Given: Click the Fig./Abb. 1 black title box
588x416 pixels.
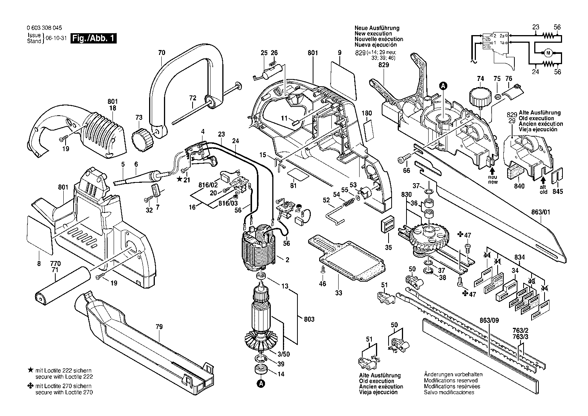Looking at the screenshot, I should (x=94, y=39).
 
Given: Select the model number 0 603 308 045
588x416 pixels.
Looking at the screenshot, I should (x=45, y=28).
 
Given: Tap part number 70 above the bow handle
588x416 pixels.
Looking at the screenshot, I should (x=161, y=52).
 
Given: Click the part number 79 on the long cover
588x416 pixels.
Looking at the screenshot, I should (x=159, y=327).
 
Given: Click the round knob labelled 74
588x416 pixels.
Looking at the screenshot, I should (x=479, y=98).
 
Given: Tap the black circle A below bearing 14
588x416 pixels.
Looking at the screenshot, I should (x=261, y=383).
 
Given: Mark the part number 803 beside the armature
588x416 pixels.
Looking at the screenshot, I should (x=310, y=319).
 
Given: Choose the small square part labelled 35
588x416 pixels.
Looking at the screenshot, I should (x=387, y=225).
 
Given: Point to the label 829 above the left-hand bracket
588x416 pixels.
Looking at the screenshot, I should (x=384, y=65).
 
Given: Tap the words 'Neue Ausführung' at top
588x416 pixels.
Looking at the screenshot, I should (x=377, y=28).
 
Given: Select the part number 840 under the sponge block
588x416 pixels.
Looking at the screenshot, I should (x=519, y=186).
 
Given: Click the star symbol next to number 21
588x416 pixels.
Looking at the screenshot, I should (x=179, y=180).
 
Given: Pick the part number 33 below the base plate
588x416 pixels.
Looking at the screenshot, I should (x=339, y=293).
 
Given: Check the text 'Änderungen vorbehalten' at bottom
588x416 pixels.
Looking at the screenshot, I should (x=453, y=374).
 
